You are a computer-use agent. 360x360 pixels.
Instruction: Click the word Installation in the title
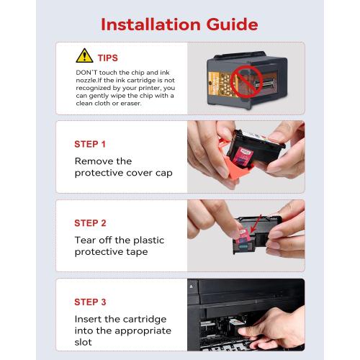[x=150, y=24]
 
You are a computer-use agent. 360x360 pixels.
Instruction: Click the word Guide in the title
[x=232, y=24]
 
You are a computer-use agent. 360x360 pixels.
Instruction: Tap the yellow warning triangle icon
[x=84, y=55]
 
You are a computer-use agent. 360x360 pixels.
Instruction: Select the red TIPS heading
[x=108, y=58]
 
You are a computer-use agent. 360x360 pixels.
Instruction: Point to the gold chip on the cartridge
[x=220, y=84]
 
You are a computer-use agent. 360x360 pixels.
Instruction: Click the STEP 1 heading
[x=90, y=144]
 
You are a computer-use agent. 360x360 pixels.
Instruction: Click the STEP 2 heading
[x=90, y=223]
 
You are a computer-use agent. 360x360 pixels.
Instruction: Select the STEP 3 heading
[x=90, y=302]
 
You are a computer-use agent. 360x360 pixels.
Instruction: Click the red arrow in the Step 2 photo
[x=256, y=224]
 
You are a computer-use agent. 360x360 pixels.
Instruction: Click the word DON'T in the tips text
[x=86, y=73]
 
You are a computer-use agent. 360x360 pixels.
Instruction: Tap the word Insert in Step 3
[x=88, y=319]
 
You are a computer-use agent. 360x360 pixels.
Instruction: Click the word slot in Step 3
[x=83, y=342]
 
